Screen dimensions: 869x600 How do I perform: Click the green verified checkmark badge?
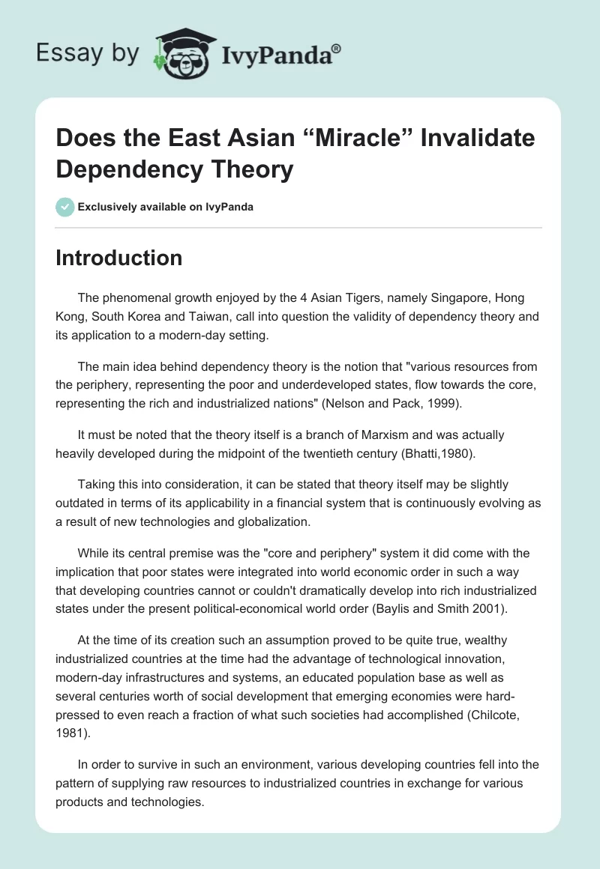point(65,207)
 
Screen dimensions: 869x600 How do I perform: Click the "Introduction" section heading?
point(119,258)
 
